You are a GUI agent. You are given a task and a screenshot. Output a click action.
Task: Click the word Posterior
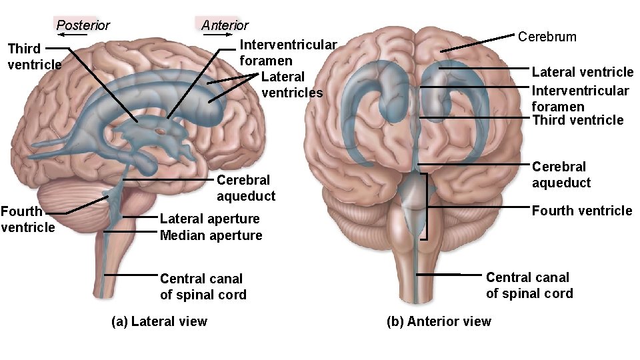(83, 25)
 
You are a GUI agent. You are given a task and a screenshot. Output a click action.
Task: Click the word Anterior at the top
(225, 25)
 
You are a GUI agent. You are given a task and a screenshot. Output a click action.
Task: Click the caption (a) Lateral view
(159, 321)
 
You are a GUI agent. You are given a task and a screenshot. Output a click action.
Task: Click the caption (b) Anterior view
(439, 321)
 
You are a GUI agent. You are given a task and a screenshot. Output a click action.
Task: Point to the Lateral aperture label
(209, 219)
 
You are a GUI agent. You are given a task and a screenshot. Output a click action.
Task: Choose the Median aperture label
(211, 235)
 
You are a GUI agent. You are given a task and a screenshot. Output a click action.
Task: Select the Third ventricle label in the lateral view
(33, 56)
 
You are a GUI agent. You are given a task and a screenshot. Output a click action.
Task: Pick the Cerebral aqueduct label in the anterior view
(561, 174)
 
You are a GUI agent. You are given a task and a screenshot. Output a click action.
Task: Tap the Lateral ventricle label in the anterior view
(582, 71)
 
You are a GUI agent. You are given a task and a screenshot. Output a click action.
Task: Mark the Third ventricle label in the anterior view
(577, 120)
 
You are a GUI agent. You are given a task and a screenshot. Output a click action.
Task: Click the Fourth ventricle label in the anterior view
(581, 211)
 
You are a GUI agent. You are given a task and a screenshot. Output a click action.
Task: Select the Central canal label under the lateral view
(203, 287)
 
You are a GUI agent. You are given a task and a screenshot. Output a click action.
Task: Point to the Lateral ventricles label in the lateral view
(291, 85)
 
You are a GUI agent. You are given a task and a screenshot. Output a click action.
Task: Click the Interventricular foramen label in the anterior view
(579, 98)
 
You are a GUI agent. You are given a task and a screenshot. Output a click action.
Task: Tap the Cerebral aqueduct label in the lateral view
(245, 188)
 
